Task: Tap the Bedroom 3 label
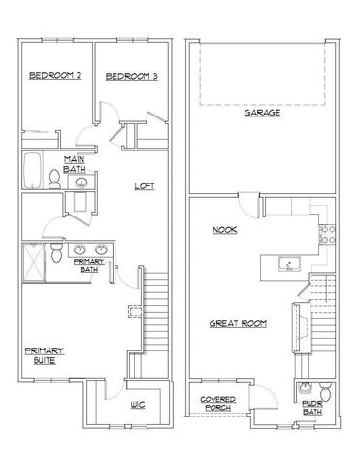[132, 76]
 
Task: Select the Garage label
[262, 113]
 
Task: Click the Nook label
[225, 230]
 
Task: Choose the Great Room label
[240, 323]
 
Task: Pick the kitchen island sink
[287, 263]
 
